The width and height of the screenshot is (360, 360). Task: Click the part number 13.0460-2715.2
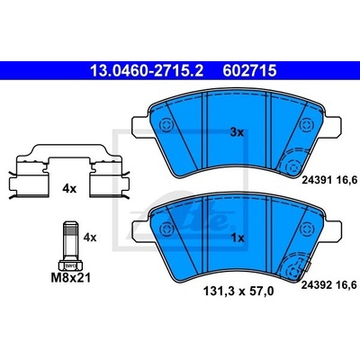[x=147, y=71]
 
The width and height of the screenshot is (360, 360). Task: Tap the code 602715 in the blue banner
[x=249, y=71]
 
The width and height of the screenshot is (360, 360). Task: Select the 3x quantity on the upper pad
[x=237, y=132]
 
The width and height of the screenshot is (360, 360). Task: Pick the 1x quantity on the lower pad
[x=238, y=238]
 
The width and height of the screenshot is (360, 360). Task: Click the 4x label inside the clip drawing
[x=69, y=189]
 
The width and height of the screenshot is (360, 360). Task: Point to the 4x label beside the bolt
[x=90, y=238]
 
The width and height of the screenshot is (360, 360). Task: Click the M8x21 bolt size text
[x=71, y=278]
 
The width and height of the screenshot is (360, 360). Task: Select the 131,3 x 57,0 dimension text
[x=238, y=291]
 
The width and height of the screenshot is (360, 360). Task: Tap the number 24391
[x=316, y=180]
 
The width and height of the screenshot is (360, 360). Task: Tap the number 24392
[x=316, y=285]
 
